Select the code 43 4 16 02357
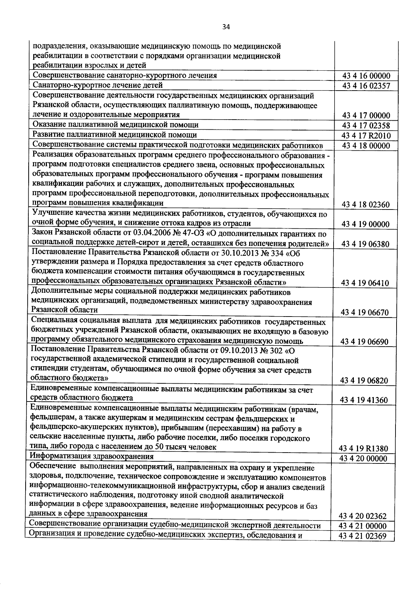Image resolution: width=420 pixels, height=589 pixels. click(366, 86)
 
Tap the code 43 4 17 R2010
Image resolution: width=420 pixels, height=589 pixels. click(366, 136)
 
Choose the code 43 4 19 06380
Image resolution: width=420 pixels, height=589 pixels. click(366, 244)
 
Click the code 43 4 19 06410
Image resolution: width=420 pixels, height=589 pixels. click(366, 283)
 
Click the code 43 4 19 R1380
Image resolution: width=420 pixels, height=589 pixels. click(364, 448)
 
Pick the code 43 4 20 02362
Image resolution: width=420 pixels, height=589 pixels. click(363, 516)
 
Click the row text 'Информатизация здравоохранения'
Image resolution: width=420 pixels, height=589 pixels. click(92, 456)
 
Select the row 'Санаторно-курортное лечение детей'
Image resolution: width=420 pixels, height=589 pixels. click(98, 85)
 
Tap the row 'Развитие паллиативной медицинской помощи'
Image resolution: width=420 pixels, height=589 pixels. click(114, 135)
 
